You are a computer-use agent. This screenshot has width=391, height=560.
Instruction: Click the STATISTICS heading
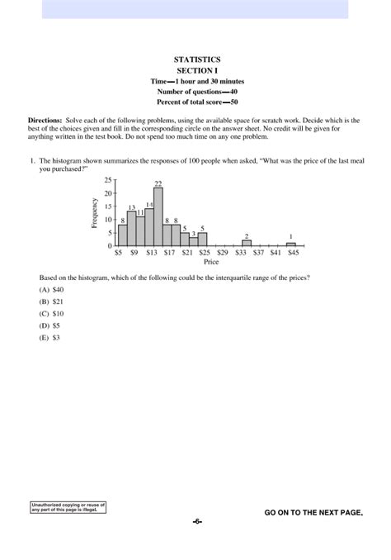(x=197, y=60)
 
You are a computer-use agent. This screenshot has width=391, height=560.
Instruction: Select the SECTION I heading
(x=197, y=71)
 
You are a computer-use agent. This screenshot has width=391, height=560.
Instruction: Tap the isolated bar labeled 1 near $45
(x=291, y=244)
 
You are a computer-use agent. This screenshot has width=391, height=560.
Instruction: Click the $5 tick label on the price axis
(x=118, y=253)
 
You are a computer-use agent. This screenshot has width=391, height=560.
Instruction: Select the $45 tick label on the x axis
(x=294, y=253)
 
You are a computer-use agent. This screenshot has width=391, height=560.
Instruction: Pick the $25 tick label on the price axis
(x=205, y=253)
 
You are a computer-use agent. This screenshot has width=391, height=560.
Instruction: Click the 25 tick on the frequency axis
(x=107, y=179)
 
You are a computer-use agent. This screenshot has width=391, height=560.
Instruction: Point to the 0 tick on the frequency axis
(x=109, y=246)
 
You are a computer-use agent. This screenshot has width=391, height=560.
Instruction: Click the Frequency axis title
(x=96, y=213)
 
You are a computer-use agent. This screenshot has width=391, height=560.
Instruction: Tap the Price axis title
(x=211, y=262)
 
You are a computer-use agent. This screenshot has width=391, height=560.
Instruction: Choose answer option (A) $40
(x=51, y=291)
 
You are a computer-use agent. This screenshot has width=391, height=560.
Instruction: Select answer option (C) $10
(x=51, y=314)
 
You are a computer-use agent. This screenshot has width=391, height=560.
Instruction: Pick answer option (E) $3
(x=49, y=337)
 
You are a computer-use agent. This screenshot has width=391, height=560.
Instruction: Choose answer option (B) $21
(x=51, y=302)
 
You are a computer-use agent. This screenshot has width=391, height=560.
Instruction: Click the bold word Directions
(x=45, y=121)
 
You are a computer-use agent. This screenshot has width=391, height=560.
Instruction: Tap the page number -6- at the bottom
(x=197, y=522)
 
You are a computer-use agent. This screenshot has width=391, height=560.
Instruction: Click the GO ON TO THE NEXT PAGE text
(x=313, y=513)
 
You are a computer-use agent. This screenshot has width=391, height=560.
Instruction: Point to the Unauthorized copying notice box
(x=68, y=506)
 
